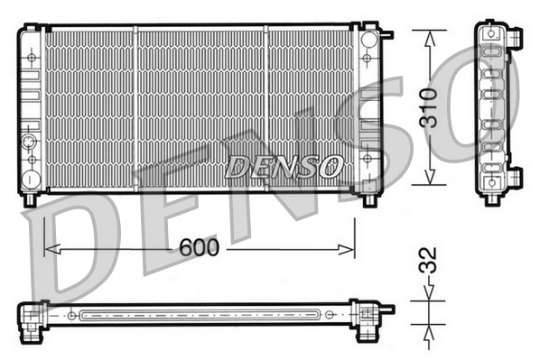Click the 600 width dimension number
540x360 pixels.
199,247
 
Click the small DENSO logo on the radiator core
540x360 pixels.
284,166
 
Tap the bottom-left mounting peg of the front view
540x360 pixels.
30,198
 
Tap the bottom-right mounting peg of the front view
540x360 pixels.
369,199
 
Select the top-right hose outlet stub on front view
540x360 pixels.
386,35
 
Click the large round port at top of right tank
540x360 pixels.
368,42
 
